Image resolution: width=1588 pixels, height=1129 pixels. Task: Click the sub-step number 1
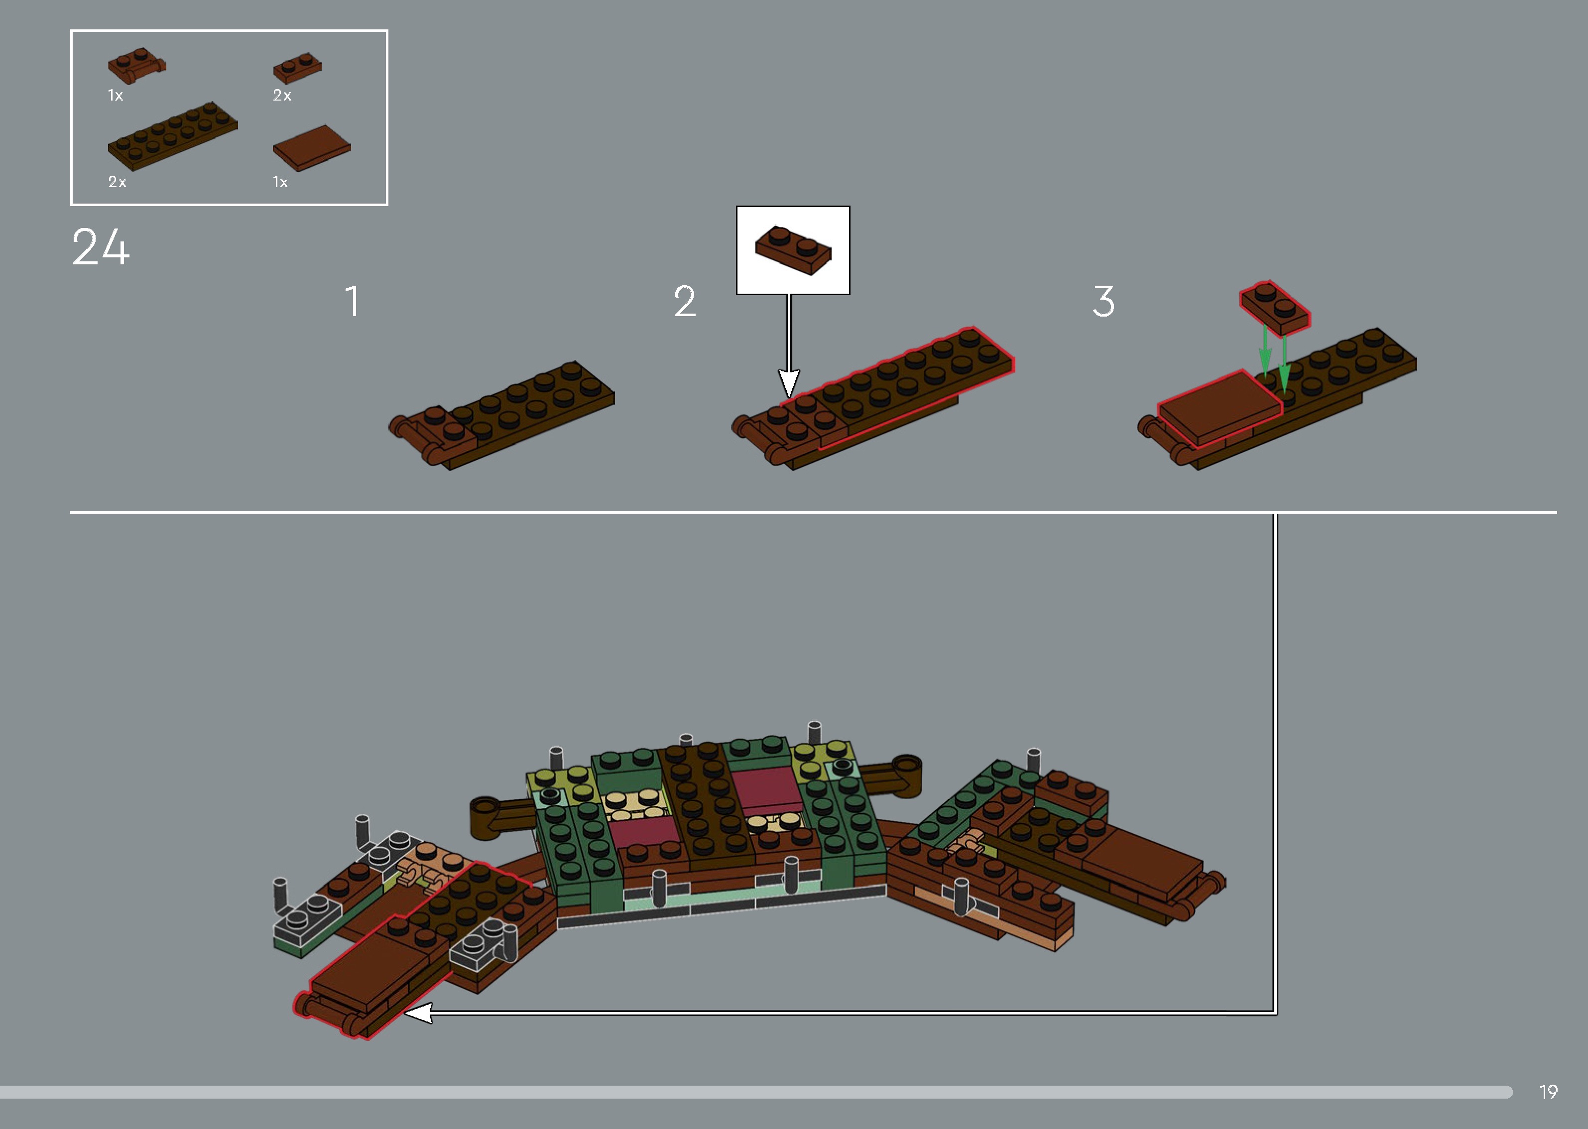click(x=353, y=302)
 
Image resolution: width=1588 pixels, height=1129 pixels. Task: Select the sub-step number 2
click(x=684, y=302)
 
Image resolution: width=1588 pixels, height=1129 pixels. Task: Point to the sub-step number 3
click(x=1103, y=302)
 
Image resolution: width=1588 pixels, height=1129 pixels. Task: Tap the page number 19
click(x=1548, y=1092)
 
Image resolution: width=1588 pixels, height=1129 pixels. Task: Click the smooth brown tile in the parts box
click(x=312, y=147)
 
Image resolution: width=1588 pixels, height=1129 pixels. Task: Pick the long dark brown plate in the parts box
click(x=172, y=135)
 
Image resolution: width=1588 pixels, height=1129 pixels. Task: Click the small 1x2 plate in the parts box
click(x=297, y=67)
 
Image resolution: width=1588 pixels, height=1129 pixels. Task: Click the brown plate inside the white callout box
click(x=793, y=250)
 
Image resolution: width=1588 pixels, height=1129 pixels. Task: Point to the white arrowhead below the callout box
click(x=788, y=384)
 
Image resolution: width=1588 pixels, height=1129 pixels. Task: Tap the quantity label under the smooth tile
click(x=279, y=182)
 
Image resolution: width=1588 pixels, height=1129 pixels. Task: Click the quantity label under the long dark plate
click(x=117, y=182)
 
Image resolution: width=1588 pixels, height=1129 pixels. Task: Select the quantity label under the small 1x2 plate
click(x=281, y=95)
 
